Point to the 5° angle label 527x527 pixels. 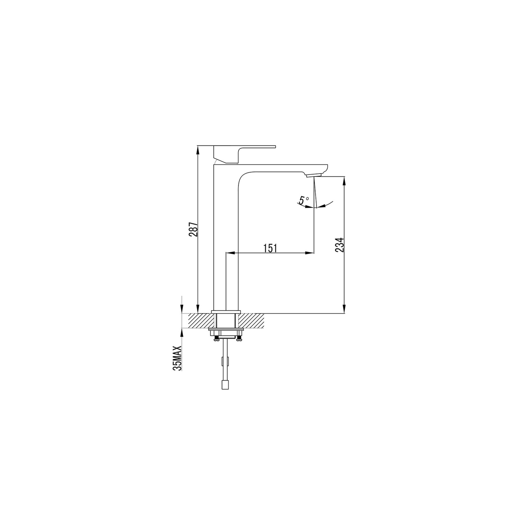(304, 200)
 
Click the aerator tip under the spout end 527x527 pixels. (313, 175)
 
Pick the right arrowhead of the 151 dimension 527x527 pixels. (309, 253)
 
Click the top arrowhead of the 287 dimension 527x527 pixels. (198, 150)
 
